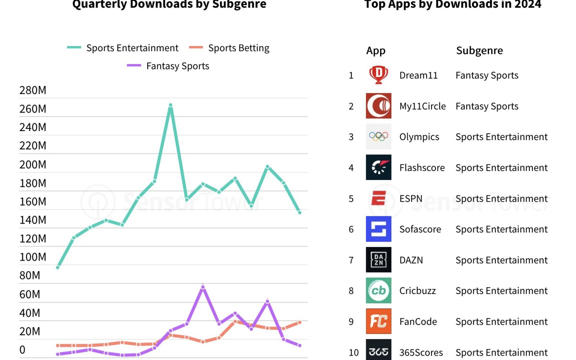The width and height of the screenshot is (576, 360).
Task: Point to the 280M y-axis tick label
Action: point(33,90)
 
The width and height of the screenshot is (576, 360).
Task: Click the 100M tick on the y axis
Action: point(33,257)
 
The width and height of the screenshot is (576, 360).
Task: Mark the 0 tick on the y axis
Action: point(22,350)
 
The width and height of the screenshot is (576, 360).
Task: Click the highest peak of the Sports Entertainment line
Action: point(171,105)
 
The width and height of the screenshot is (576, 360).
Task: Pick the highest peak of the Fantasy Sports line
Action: point(203,287)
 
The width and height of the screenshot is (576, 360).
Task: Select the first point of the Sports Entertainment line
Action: point(58,267)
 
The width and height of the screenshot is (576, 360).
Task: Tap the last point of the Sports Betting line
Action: point(300,323)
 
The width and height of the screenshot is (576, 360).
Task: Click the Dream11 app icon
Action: point(378,75)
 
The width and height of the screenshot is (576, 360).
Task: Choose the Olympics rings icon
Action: point(378,136)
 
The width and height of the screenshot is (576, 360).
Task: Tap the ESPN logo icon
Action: point(378,198)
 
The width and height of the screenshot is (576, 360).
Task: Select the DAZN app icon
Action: point(378,260)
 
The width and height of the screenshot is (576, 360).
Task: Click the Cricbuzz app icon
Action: point(378,291)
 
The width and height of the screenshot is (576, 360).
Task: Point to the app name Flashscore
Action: point(422,168)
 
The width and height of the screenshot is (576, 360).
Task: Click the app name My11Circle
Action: point(422,106)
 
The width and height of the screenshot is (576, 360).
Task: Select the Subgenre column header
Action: point(479,50)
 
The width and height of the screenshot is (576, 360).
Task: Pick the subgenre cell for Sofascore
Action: point(501,229)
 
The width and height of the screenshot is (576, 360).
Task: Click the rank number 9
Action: point(351,321)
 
